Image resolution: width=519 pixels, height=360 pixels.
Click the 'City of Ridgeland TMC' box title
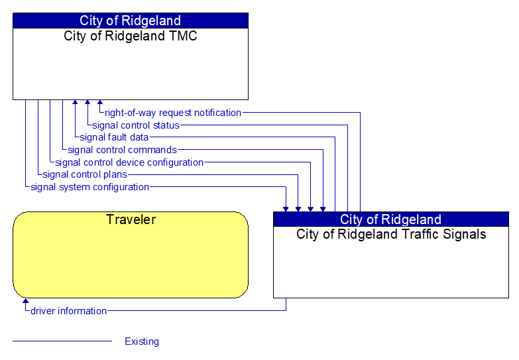tap(131, 36)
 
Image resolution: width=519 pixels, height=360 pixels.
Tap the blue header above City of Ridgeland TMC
tap(131, 21)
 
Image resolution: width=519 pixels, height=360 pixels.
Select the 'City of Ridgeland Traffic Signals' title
tap(391, 234)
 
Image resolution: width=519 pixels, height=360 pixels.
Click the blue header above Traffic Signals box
tap(391, 219)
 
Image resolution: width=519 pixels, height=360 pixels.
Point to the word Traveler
tap(131, 219)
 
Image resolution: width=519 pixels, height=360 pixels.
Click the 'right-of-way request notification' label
tap(173, 113)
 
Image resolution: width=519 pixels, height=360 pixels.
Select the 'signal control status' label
tap(136, 125)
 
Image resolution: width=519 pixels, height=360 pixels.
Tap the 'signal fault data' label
tap(114, 137)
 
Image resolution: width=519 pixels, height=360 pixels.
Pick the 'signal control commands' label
tap(122, 150)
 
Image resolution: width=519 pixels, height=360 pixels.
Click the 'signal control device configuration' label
tap(129, 162)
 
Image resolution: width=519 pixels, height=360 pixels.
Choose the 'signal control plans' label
tap(85, 174)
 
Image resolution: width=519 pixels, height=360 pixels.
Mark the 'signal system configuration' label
tap(89, 187)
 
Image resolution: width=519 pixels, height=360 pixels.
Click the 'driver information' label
tap(68, 311)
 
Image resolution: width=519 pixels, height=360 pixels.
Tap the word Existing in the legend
tap(142, 341)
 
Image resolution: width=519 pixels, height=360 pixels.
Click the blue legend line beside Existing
tap(62, 341)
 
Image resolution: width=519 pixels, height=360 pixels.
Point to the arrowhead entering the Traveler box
tap(25, 300)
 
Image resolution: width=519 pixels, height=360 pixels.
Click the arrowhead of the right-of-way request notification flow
tap(100, 102)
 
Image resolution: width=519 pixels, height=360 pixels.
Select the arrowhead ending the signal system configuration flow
tap(286, 210)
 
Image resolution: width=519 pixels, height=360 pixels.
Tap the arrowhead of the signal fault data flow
tap(75, 102)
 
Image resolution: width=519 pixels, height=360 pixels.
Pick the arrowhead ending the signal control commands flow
tap(323, 210)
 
